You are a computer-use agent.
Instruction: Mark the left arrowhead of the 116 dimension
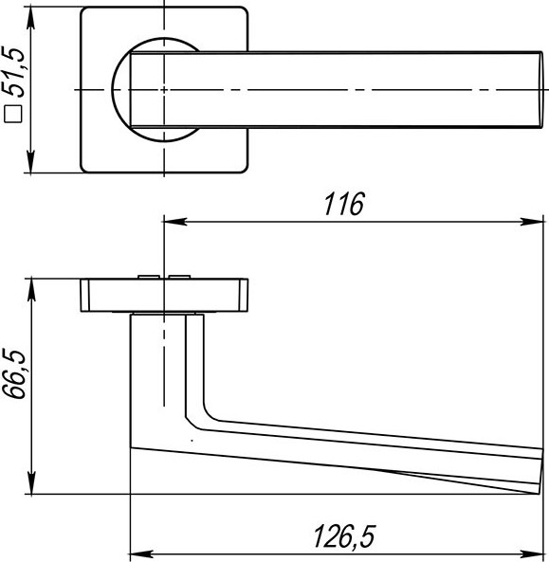tap(172, 223)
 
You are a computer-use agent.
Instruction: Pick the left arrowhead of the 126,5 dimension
tap(136, 553)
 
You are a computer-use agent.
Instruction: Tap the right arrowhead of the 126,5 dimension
tap(538, 553)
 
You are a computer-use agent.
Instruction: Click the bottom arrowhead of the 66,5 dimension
tap(31, 486)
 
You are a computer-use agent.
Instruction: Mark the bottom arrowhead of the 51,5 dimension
tap(31, 166)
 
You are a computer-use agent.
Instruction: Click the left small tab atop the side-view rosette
tap(147, 276)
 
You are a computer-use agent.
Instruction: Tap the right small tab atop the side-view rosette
tap(179, 276)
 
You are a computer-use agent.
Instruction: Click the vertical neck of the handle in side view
tap(156, 370)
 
